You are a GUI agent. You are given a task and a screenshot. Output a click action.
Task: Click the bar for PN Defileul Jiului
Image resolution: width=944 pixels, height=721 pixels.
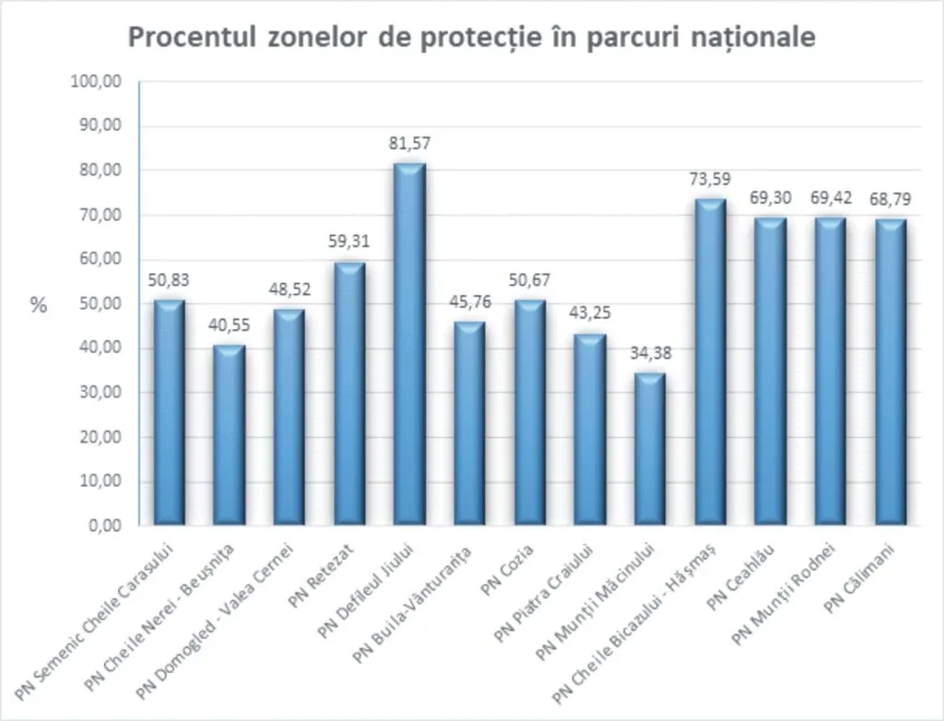(409, 345)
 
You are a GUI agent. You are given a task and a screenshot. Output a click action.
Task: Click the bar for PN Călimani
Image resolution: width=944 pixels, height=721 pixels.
(891, 372)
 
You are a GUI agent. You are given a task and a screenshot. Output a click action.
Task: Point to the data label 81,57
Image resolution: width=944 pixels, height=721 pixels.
(409, 143)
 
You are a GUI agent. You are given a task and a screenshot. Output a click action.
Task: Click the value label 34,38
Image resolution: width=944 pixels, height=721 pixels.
(650, 352)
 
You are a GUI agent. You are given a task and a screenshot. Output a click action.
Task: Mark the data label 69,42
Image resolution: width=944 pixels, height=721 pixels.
(830, 197)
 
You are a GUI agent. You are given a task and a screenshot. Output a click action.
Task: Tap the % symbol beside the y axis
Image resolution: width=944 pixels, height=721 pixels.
(38, 306)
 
